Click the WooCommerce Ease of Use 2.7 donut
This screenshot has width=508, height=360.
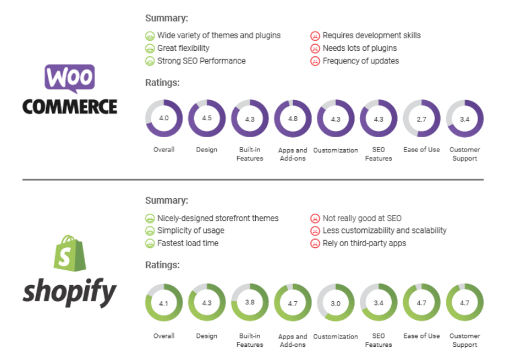coord(421,119)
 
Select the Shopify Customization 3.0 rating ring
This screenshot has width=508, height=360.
coord(335,303)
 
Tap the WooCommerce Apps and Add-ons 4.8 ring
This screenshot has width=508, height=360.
coord(292,119)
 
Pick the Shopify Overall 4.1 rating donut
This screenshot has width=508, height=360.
coord(164,303)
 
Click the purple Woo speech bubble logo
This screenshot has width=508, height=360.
coord(69,78)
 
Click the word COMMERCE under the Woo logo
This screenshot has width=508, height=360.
coord(69,107)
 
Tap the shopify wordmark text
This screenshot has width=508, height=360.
coord(69,293)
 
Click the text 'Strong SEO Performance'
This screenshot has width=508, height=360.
coord(201,60)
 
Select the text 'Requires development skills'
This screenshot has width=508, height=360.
coord(371,35)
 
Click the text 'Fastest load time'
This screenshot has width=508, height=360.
coord(188,243)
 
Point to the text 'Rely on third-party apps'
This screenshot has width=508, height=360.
coord(364,243)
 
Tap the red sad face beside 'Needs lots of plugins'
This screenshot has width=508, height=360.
coord(315,48)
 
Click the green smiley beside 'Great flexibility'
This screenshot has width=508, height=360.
coord(150,48)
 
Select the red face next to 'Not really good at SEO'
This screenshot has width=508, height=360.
coord(315,219)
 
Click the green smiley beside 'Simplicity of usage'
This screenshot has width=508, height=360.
coord(150,231)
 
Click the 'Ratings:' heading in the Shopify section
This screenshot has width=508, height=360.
coord(162,264)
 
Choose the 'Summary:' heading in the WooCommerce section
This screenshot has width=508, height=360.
coord(167,18)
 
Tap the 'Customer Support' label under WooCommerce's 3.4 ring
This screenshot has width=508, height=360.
coord(464,154)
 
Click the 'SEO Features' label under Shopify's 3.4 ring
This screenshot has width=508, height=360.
coord(378,340)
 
